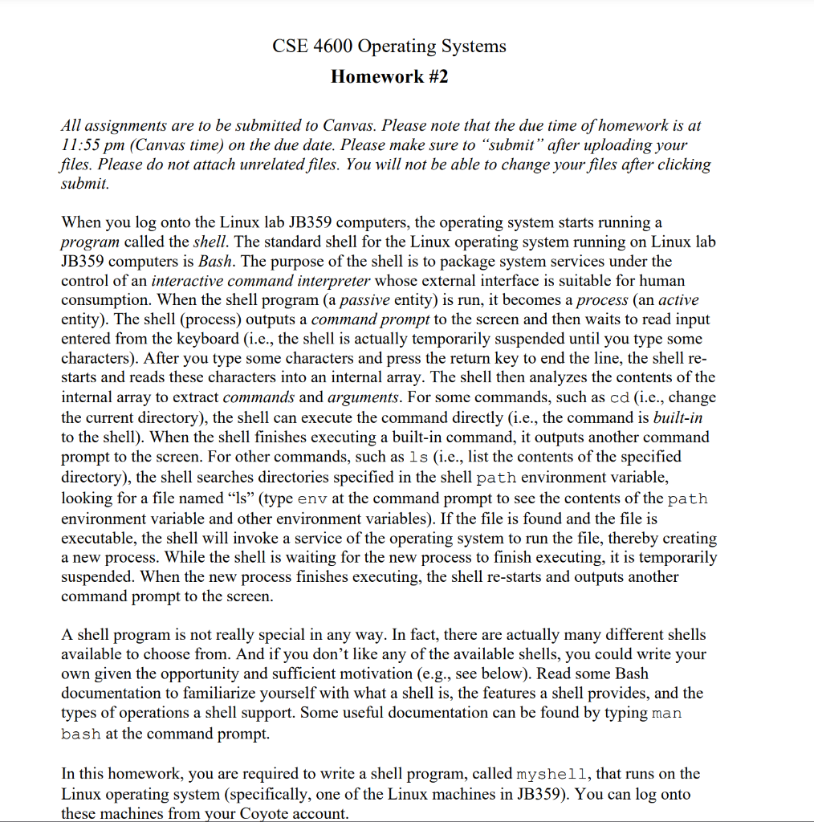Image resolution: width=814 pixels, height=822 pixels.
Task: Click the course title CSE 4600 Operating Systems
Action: pos(389,46)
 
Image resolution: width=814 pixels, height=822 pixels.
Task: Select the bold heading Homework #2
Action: pos(389,77)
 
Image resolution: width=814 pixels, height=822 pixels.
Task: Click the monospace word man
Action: pos(667,713)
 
